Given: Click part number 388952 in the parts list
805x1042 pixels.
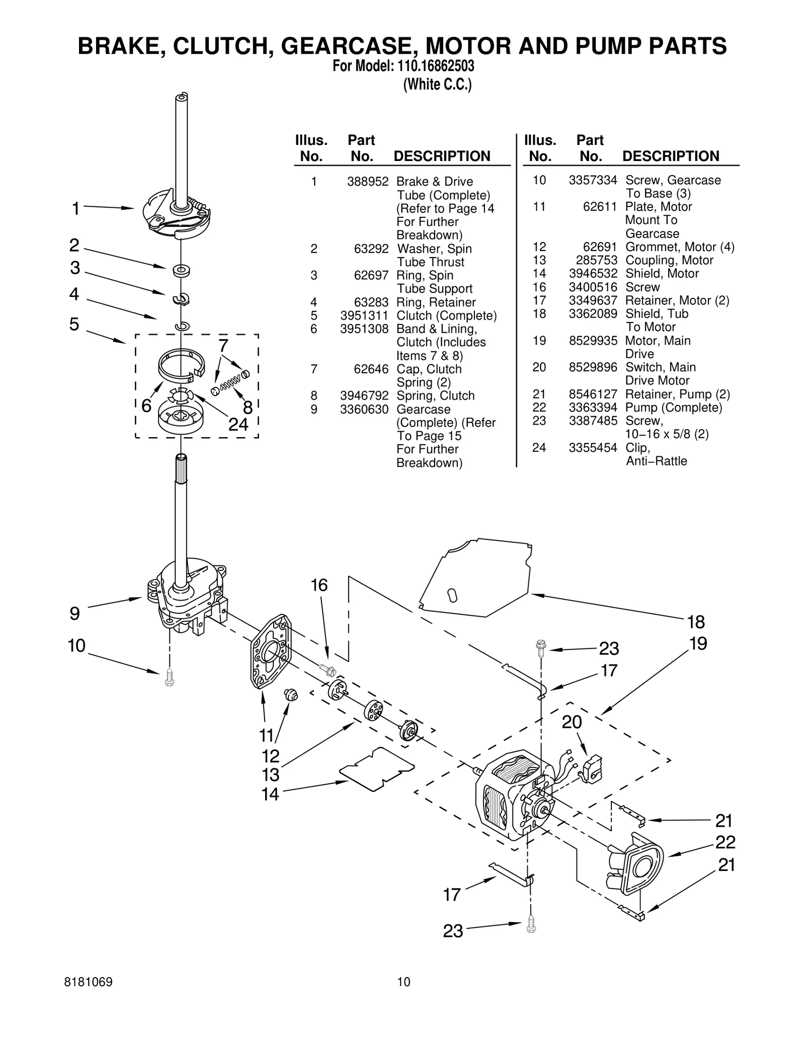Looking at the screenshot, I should (x=367, y=182).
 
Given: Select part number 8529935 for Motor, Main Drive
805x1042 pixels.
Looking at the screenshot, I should (x=593, y=341).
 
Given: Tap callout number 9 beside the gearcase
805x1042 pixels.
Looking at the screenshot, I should (x=74, y=613).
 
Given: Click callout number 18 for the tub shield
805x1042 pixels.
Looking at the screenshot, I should (x=696, y=622).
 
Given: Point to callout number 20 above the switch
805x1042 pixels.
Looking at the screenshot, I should (x=572, y=722).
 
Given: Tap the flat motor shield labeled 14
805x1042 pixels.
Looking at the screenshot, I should (x=377, y=769).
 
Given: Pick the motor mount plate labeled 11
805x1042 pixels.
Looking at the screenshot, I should (x=271, y=652).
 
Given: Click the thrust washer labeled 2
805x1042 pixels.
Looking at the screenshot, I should (x=180, y=271).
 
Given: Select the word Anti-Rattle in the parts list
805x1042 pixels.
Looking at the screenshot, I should (x=656, y=461).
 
